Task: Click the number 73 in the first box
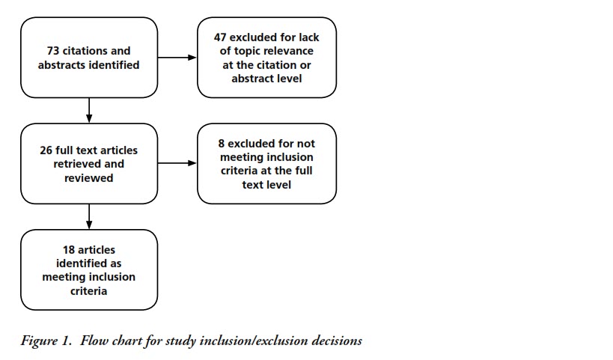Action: point(53,51)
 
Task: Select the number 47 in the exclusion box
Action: point(220,37)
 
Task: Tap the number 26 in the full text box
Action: point(46,150)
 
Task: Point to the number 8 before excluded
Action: point(222,144)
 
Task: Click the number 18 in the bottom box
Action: point(69,250)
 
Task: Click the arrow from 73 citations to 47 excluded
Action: point(177,58)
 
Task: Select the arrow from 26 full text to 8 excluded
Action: point(177,163)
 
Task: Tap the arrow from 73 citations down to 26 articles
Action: point(89,110)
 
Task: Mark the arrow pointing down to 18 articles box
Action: point(89,216)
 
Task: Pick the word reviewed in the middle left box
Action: point(89,178)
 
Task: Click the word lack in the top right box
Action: point(309,37)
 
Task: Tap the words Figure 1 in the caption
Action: point(46,341)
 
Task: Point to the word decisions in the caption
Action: point(337,341)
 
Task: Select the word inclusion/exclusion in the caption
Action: point(254,341)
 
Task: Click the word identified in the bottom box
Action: point(89,263)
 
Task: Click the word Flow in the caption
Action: point(94,341)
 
